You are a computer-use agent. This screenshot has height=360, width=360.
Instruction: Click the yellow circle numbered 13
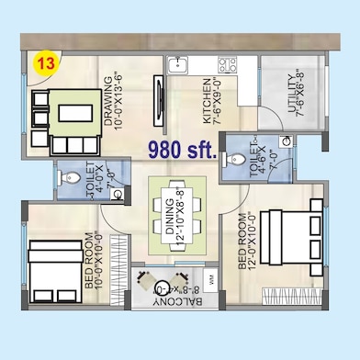tap(43, 64)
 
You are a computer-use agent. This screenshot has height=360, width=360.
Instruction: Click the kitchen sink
tap(177, 65)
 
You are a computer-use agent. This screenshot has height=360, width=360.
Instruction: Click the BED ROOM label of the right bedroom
tap(242, 253)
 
